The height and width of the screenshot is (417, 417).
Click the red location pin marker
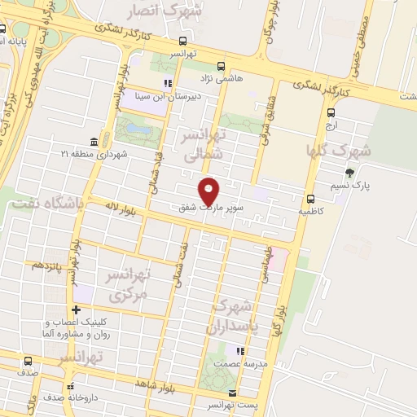(x=210, y=191)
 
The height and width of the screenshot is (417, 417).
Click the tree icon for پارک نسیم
(x=350, y=172)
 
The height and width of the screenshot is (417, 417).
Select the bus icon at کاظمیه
(x=310, y=199)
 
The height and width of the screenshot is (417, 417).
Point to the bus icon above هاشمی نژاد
(x=221, y=67)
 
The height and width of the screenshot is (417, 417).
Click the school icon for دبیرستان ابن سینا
(x=168, y=82)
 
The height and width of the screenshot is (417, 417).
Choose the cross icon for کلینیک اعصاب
(x=76, y=309)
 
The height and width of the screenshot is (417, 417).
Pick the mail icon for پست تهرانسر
(x=232, y=393)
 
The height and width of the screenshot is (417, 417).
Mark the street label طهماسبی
(x=266, y=265)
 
